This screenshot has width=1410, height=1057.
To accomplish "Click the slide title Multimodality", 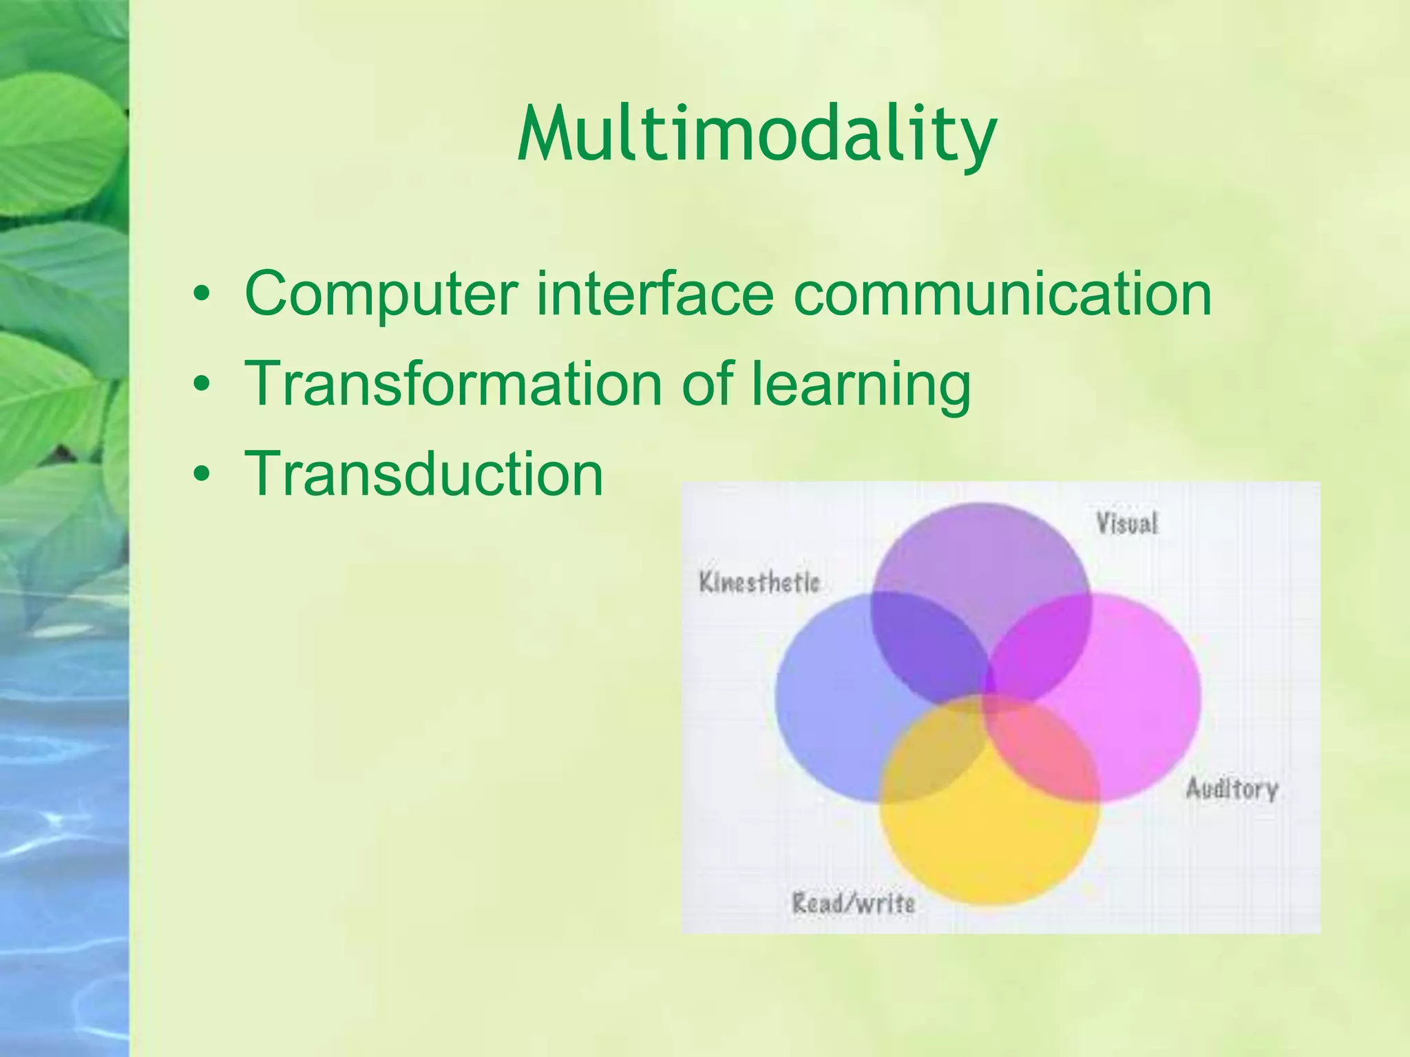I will coord(757,135).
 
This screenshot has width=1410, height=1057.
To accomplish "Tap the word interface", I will coord(655,294).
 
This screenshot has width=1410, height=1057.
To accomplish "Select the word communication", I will coord(1002,294).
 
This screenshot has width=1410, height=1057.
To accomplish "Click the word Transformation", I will coord(453,383).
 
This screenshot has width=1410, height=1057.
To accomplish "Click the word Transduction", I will coord(423,473).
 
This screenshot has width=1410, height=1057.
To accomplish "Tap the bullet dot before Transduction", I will coord(201,473).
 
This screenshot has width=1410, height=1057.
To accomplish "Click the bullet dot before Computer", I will coord(201,294).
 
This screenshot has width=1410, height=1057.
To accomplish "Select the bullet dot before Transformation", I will coord(201,383).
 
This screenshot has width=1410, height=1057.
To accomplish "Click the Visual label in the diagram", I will coord(1127,524).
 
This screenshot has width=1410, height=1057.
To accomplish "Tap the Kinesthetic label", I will coord(759,583).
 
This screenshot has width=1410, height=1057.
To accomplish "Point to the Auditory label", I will coord(1231,789).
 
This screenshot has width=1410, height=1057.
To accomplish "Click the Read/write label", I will coord(853,903).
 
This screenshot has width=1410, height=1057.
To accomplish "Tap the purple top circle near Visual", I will coord(981,557).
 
